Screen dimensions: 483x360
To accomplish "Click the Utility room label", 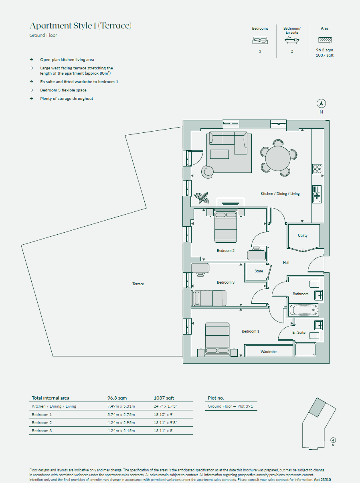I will [303, 235].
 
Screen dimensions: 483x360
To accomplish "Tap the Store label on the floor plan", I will [259, 271].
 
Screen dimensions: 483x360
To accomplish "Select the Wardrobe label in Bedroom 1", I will [269, 351].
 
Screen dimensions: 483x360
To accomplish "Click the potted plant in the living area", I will [201, 197].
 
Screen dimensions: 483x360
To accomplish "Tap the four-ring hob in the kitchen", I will [318, 169].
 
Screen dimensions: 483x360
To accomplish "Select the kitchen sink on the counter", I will [317, 194].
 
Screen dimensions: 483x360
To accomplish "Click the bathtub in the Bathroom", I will [303, 310].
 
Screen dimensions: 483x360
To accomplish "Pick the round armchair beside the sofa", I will [208, 172].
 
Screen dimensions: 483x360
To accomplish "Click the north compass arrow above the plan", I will [321, 104].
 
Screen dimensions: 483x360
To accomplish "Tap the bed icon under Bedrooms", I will [260, 41].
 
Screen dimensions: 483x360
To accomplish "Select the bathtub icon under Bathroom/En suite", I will [291, 40].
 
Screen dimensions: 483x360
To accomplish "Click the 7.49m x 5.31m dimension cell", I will [121, 406].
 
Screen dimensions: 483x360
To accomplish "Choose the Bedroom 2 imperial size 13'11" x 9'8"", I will [165, 423].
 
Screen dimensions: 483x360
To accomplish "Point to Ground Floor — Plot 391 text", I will [230, 406].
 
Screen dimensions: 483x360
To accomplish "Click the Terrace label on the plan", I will [138, 284].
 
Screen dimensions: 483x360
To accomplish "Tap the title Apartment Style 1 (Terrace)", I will [81, 26].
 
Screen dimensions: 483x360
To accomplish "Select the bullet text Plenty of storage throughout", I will [67, 99].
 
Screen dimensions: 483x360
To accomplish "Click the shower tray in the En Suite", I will [305, 349].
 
